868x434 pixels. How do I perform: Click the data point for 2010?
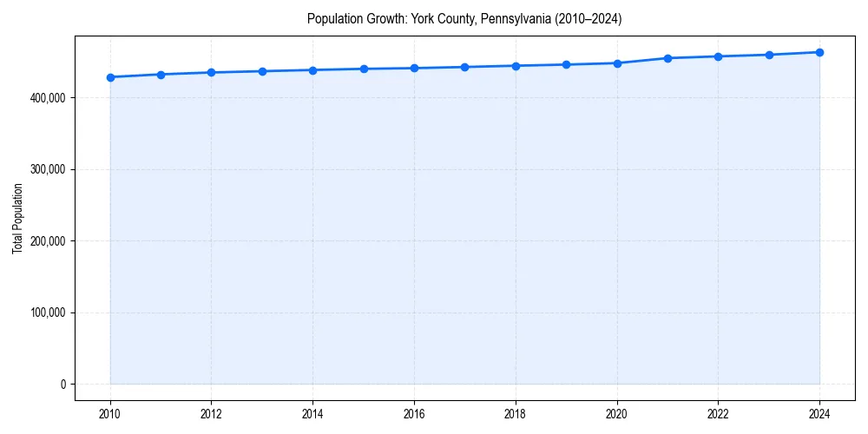pyautogui.click(x=110, y=77)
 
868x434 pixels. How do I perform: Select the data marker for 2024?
pyautogui.click(x=819, y=52)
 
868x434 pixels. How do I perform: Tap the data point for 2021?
pyautogui.click(x=667, y=58)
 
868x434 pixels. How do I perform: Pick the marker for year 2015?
pyautogui.click(x=364, y=69)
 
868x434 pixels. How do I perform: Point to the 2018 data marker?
pyautogui.click(x=516, y=66)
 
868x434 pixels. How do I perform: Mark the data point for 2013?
pyautogui.click(x=262, y=71)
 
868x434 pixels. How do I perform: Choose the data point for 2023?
pyautogui.click(x=769, y=55)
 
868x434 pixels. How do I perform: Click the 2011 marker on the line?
pyautogui.click(x=161, y=75)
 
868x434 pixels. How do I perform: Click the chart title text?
pyautogui.click(x=464, y=18)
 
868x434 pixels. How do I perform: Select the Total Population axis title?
pyautogui.click(x=17, y=218)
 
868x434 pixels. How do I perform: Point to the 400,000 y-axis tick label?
pyautogui.click(x=48, y=98)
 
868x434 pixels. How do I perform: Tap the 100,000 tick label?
pyautogui.click(x=48, y=312)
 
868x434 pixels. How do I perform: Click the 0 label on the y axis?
pyautogui.click(x=62, y=385)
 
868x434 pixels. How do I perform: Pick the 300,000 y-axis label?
pyautogui.click(x=48, y=169)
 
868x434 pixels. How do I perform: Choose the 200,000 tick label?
pyautogui.click(x=48, y=241)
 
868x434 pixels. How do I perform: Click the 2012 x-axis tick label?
pyautogui.click(x=211, y=413)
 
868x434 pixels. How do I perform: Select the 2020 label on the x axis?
pyautogui.click(x=617, y=413)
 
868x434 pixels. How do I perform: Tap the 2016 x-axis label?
pyautogui.click(x=414, y=413)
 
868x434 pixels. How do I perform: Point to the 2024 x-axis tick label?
pyautogui.click(x=819, y=413)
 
